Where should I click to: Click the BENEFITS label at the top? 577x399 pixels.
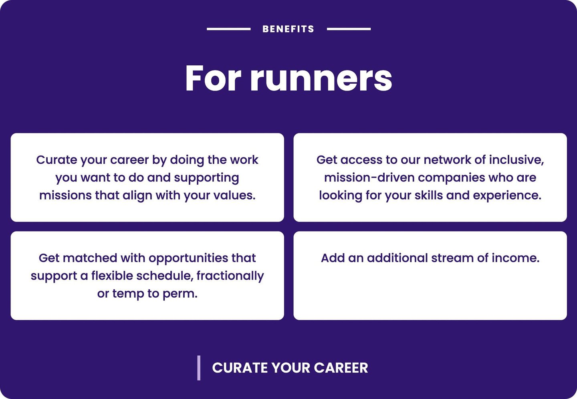pos(288,29)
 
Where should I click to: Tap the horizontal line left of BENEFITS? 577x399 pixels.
pos(228,29)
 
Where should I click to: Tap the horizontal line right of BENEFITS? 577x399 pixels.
pos(349,29)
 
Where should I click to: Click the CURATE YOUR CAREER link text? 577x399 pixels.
pos(290,368)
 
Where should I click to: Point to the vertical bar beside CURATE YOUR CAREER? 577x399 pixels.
pos(199,368)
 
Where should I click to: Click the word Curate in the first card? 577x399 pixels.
pos(56,160)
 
